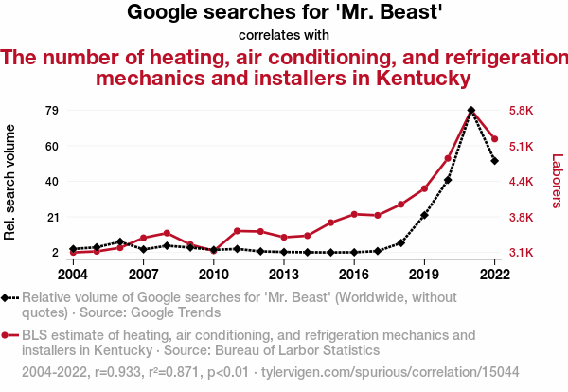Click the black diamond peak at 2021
[471, 111]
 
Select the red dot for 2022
[495, 139]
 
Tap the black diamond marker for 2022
[495, 161]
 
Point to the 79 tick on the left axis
[52, 111]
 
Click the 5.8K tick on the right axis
[522, 111]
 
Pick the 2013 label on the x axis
[284, 274]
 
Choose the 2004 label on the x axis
[73, 274]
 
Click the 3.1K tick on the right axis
[522, 253]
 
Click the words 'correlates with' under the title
[284, 36]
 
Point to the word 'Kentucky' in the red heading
[412, 78]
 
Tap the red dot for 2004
[73, 253]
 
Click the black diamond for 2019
[424, 216]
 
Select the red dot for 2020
[448, 158]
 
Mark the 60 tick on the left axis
[52, 146]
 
